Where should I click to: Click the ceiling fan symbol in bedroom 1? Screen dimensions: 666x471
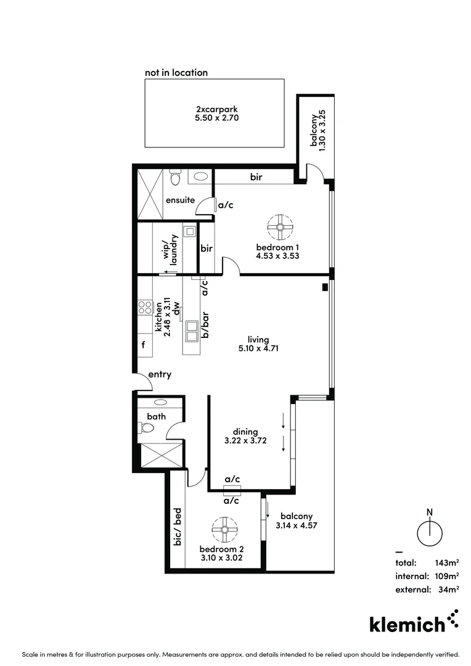[x=280, y=227]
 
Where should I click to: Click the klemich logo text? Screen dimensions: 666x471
[x=407, y=624]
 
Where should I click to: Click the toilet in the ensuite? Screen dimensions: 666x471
[x=174, y=179]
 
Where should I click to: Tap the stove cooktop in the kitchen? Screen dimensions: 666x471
[x=145, y=307]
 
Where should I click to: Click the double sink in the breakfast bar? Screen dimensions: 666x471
[x=191, y=330]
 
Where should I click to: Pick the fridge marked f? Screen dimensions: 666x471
[x=143, y=345]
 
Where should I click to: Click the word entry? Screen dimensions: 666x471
[x=160, y=374]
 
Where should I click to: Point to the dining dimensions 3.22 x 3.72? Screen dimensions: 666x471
[x=245, y=441]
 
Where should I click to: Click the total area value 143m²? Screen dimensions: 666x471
[x=447, y=562]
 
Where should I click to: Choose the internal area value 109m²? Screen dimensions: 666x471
[x=447, y=576]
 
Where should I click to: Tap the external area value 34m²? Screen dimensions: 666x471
[x=449, y=590]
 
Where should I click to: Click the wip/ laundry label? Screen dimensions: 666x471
[x=170, y=250]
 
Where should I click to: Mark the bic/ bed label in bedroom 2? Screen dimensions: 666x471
[x=177, y=526]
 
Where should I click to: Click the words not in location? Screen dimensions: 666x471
[x=176, y=72]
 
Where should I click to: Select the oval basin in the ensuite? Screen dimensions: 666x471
[x=200, y=176]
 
